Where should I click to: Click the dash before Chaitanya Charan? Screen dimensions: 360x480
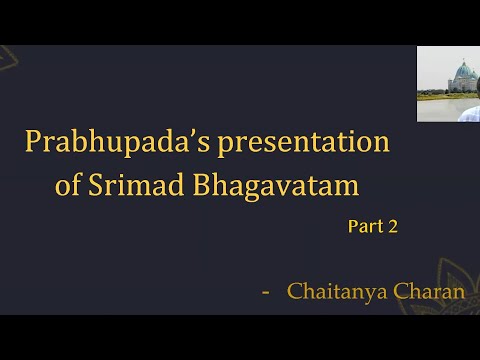pyautogui.click(x=265, y=292)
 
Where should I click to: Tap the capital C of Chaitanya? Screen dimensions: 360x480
pyautogui.click(x=295, y=292)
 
